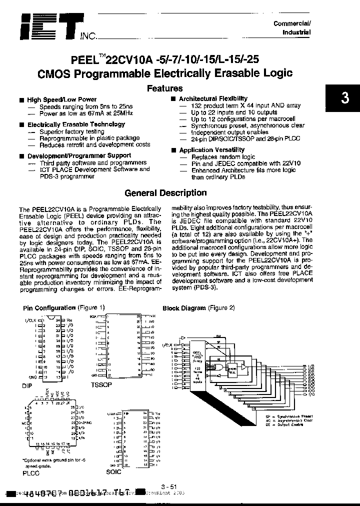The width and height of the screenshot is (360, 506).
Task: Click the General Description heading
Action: pyautogui.click(x=165, y=193)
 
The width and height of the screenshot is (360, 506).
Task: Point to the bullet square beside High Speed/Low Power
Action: pyautogui.click(x=21, y=100)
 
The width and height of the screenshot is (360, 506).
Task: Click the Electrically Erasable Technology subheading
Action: pyautogui.click(x=69, y=124)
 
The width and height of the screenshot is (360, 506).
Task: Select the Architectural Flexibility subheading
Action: pyautogui.click(x=213, y=99)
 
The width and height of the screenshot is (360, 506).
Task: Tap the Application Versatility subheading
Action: pyautogui.click(x=211, y=150)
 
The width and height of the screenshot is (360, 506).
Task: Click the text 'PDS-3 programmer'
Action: pyautogui.click(x=67, y=176)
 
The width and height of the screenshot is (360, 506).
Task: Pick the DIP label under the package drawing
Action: pyautogui.click(x=28, y=385)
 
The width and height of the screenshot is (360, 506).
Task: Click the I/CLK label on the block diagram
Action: pyautogui.click(x=167, y=344)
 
